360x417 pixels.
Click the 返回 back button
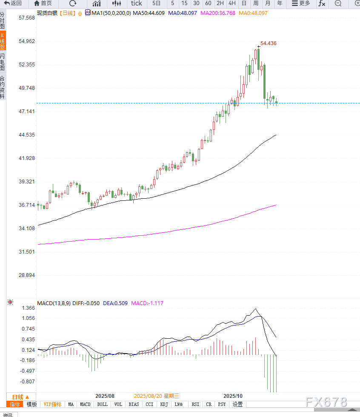tap(13, 3)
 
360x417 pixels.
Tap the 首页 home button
tap(43, 3)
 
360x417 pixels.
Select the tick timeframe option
tap(136, 3)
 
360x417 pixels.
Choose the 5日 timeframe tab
tap(157, 3)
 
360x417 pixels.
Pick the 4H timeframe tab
tap(232, 3)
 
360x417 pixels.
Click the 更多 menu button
tap(300, 3)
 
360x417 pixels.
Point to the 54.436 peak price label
tap(269, 43)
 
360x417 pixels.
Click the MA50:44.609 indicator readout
tap(149, 13)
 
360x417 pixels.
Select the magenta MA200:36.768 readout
tap(217, 13)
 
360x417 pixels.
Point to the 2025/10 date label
tap(233, 396)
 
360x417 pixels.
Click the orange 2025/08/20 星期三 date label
tap(157, 396)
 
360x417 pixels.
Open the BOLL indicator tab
tap(102, 404)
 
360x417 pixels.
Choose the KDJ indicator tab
tap(164, 404)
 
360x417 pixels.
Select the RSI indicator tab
tap(195, 404)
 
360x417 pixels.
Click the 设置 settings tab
tap(237, 404)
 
